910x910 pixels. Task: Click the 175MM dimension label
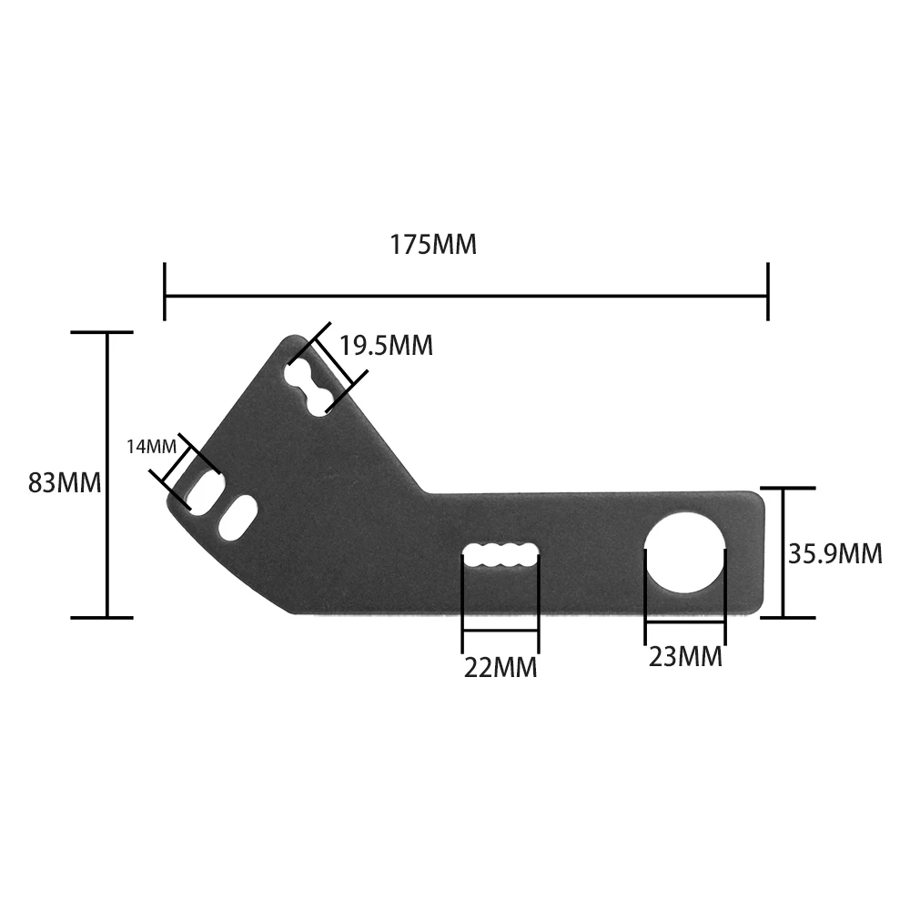point(433,246)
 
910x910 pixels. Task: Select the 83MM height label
point(64,482)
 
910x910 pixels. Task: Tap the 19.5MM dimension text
point(386,346)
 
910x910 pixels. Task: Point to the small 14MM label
point(151,447)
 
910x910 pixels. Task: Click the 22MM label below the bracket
point(500,668)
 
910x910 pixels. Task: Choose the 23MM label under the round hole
point(685,657)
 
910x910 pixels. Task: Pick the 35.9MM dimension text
point(834,553)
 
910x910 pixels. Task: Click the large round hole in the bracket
point(685,551)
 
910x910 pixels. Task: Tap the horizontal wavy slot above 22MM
point(500,556)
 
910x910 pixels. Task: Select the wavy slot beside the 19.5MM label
point(308,388)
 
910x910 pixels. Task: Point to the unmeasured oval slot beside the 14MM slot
point(237,519)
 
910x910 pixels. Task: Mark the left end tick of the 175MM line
point(165,292)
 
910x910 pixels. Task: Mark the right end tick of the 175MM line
point(768,292)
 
